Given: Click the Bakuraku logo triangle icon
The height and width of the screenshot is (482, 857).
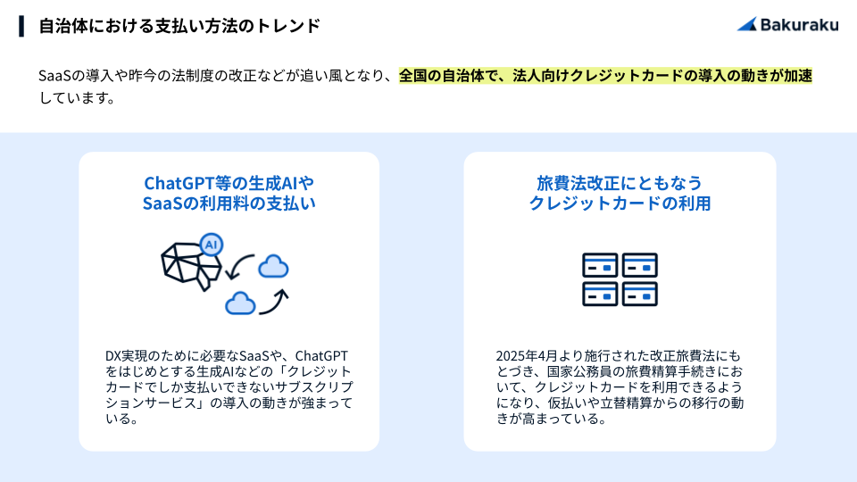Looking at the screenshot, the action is [748, 24].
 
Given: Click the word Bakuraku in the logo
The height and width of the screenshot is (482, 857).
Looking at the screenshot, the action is [799, 25].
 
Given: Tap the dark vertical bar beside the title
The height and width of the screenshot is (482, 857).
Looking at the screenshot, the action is [21, 26].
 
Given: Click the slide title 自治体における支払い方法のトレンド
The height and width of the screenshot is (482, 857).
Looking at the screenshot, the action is [179, 26].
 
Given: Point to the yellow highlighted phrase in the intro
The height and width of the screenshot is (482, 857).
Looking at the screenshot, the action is [605, 75].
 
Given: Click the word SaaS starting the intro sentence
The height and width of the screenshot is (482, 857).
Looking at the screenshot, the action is [55, 75].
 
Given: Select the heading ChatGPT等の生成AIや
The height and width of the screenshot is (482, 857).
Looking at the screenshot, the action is [229, 182].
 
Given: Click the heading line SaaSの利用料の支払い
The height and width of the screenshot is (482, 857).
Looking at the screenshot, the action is [229, 204].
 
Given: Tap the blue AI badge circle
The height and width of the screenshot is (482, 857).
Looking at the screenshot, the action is [211, 245].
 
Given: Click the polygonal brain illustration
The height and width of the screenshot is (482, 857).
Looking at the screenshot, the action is [191, 266].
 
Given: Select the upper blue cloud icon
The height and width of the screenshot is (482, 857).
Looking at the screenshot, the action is [273, 266].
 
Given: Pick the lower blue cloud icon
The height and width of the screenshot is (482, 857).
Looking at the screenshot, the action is [240, 303].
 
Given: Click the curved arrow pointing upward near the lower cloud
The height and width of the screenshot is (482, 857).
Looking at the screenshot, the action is [274, 302].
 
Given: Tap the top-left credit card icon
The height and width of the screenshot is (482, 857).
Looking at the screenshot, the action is [600, 265].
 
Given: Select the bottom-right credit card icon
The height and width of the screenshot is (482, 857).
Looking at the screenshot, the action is [640, 294].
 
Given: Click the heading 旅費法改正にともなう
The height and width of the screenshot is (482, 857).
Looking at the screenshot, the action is [620, 182].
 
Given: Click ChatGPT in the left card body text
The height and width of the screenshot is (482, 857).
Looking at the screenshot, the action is [321, 356].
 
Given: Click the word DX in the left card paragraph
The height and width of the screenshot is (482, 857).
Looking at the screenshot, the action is [112, 356].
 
